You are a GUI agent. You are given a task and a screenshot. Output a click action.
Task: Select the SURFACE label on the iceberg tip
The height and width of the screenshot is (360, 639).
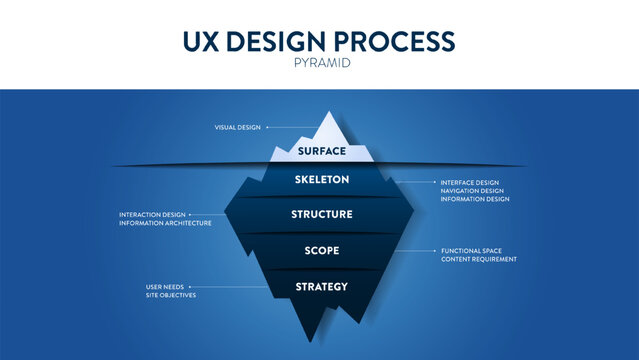(321, 151)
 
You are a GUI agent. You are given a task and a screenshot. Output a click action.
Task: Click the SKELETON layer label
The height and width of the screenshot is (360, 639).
(321, 180)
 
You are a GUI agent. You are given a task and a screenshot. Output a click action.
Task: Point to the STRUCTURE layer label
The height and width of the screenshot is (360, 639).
(321, 214)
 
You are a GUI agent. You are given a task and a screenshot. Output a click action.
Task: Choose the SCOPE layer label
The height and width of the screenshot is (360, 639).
(321, 250)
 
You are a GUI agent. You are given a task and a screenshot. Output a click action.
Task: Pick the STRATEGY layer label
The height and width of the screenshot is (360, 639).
(321, 287)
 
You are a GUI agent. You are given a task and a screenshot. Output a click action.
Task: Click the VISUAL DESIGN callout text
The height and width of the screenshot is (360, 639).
(237, 127)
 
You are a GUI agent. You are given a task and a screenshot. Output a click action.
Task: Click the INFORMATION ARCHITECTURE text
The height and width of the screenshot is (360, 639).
(165, 223)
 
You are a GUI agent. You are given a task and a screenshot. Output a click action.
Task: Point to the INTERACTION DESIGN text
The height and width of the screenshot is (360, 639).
(152, 214)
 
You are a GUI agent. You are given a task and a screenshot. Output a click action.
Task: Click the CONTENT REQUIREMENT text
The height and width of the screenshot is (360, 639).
(479, 259)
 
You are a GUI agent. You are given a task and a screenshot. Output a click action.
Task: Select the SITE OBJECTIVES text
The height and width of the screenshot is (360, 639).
(171, 296)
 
